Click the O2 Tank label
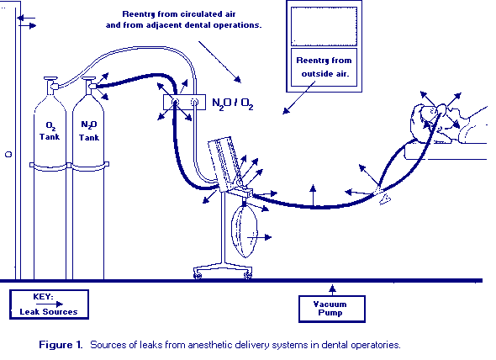(x=51, y=130)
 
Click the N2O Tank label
(x=88, y=130)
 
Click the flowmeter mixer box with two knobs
(x=184, y=104)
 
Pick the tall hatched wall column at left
(x=9, y=143)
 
